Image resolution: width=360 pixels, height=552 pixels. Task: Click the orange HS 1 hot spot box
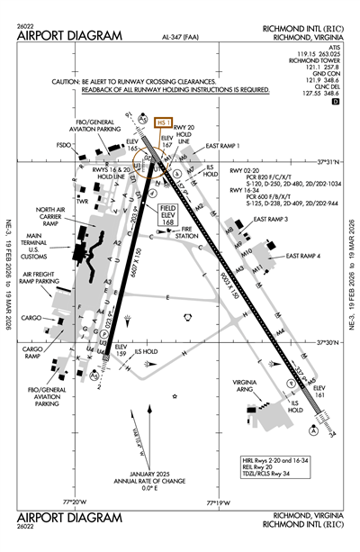(x=164, y=122)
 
